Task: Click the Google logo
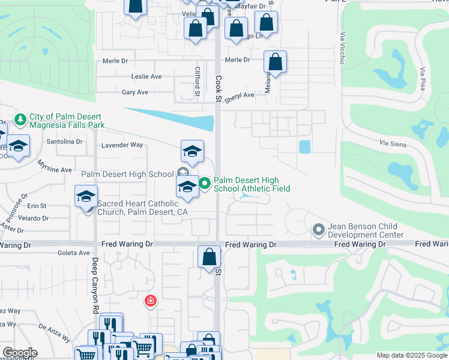click(19, 353)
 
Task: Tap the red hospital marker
click(149, 301)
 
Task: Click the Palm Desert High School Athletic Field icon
click(205, 184)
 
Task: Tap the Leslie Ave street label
click(146, 77)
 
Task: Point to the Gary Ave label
click(135, 92)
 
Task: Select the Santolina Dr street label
click(64, 142)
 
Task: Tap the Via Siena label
click(393, 145)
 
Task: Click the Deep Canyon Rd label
click(95, 286)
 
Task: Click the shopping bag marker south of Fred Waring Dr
click(209, 257)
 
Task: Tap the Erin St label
click(37, 206)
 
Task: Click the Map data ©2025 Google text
click(412, 355)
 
